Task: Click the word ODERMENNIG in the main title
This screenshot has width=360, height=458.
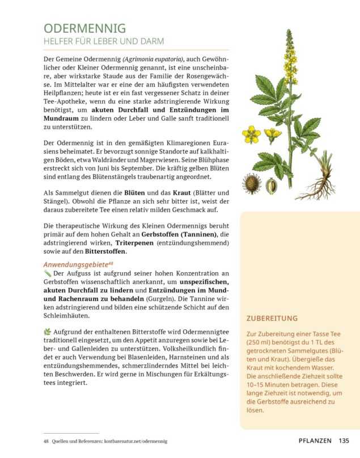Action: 84,28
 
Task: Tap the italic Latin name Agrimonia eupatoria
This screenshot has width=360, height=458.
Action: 153,59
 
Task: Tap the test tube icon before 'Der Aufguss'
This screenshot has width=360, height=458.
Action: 47,274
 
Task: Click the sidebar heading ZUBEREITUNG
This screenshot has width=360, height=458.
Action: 272,319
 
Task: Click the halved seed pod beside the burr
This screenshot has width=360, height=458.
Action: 272,185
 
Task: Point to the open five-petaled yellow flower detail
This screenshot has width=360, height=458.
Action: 251,134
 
